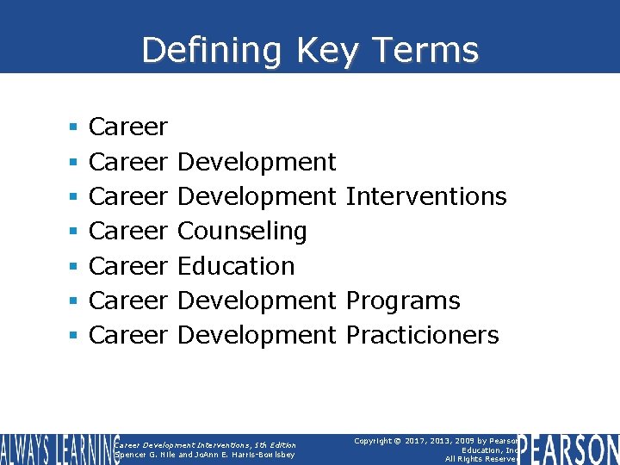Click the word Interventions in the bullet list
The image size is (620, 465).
[x=425, y=196]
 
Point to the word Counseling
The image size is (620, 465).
[x=242, y=231]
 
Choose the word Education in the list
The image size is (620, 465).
[x=236, y=266]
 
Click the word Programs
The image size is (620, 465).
[x=402, y=301]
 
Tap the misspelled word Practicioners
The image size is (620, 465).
[x=422, y=335]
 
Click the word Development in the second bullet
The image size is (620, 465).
[x=257, y=162]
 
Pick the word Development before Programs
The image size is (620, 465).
[x=257, y=301]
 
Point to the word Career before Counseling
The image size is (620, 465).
[x=128, y=231]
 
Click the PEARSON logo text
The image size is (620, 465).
[x=568, y=448]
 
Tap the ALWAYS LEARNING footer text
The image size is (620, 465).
[x=59, y=449]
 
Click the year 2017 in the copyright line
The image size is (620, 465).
[x=421, y=440]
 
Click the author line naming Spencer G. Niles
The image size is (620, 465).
[x=205, y=455]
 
